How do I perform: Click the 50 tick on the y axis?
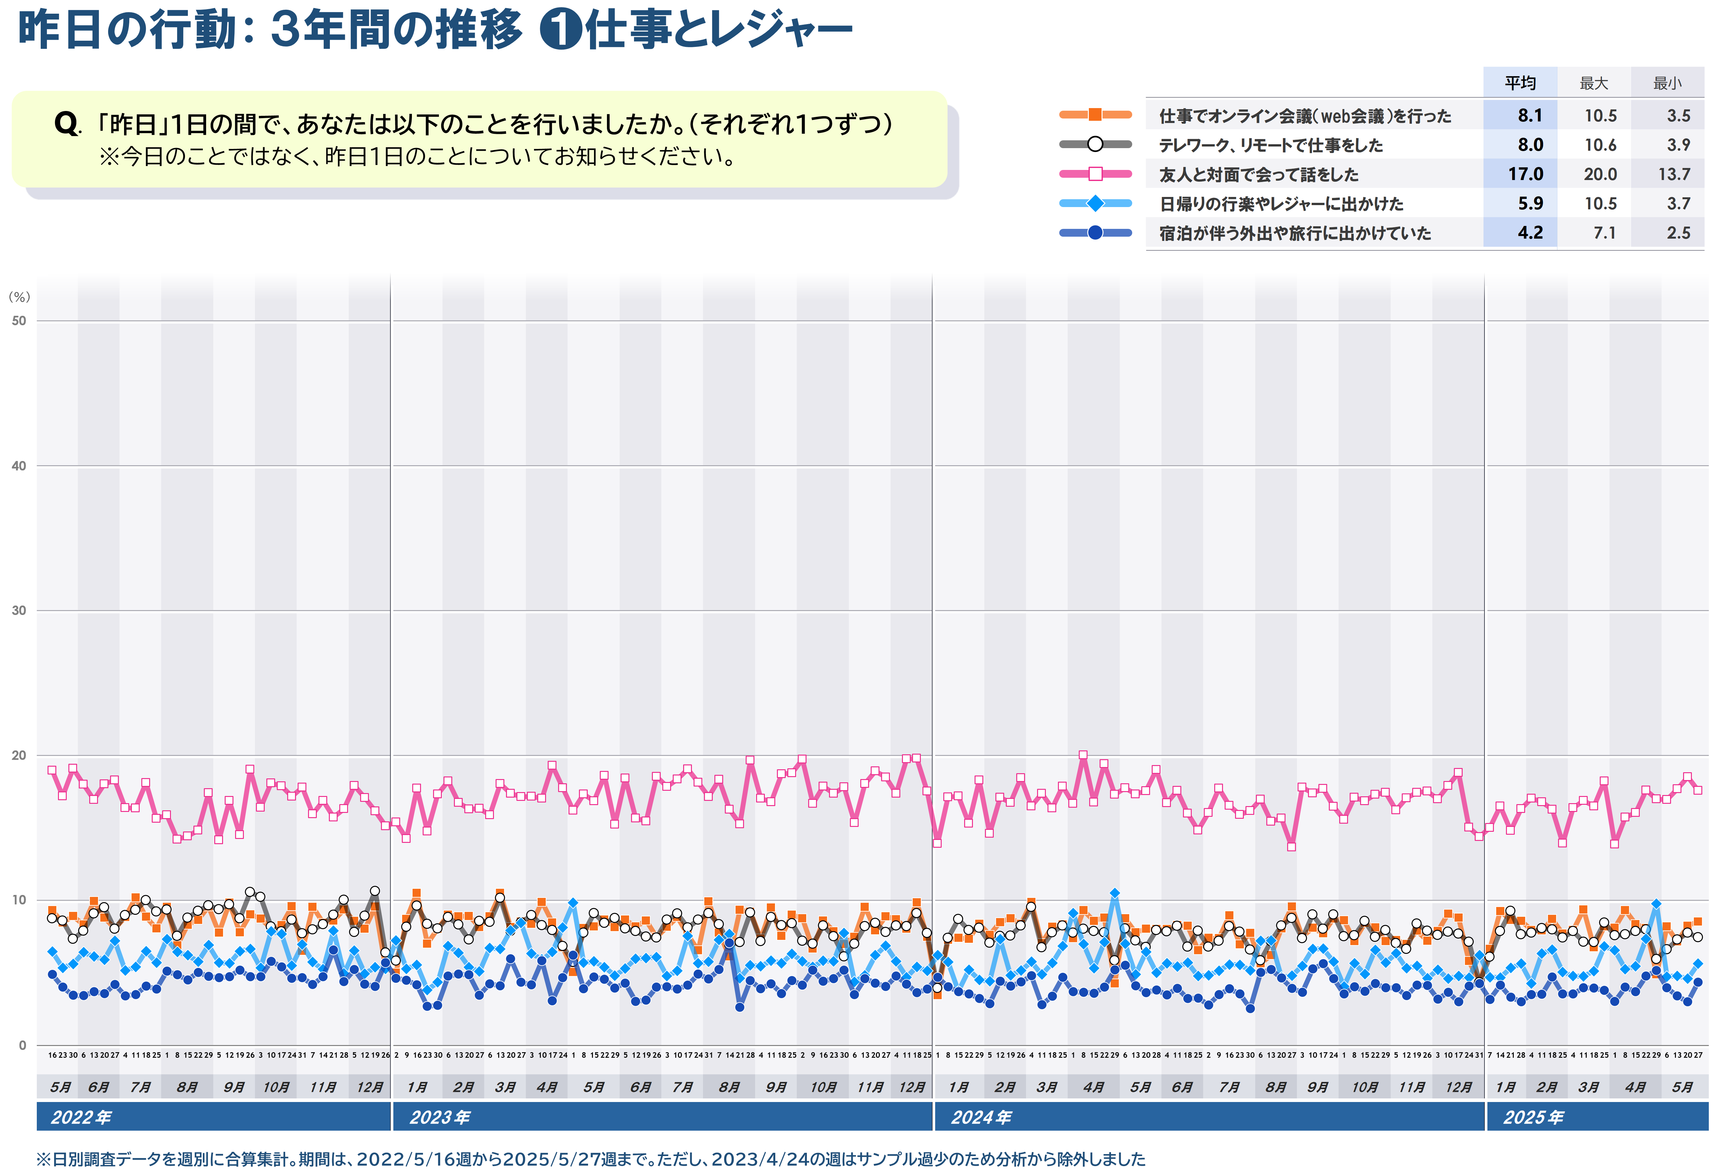click(x=19, y=321)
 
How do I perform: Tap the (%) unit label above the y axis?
click(x=19, y=297)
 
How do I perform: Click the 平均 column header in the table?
click(x=1520, y=83)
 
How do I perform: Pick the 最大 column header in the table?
click(x=1594, y=83)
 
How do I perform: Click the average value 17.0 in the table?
click(x=1525, y=174)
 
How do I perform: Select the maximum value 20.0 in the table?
click(x=1600, y=174)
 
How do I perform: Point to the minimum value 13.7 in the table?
click(x=1674, y=174)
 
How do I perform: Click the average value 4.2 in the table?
click(x=1530, y=233)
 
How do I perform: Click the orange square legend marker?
click(x=1095, y=114)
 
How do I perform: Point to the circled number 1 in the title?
click(x=561, y=31)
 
